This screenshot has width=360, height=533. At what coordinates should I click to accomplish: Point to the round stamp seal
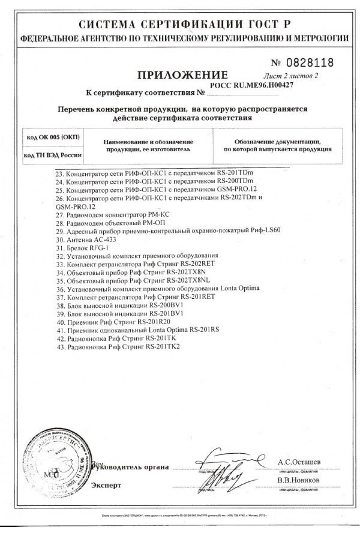tap(52, 465)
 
